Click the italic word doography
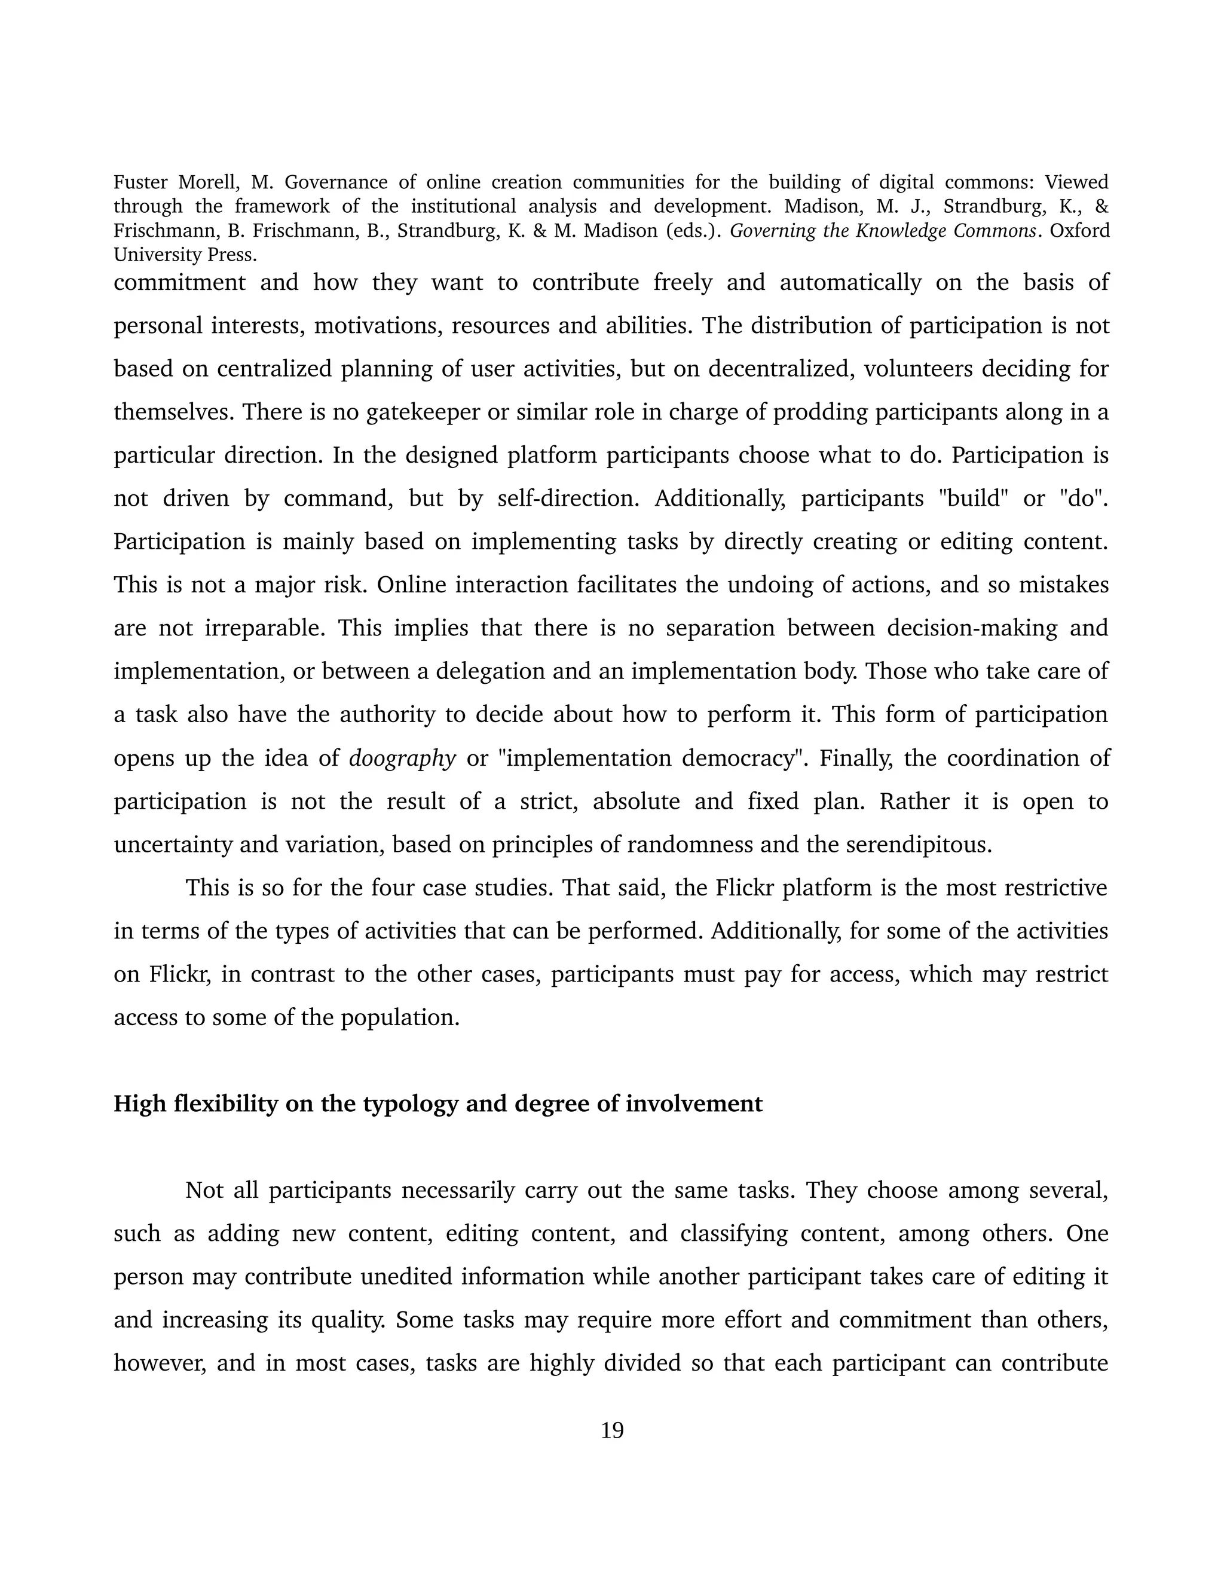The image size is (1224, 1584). click(402, 758)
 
